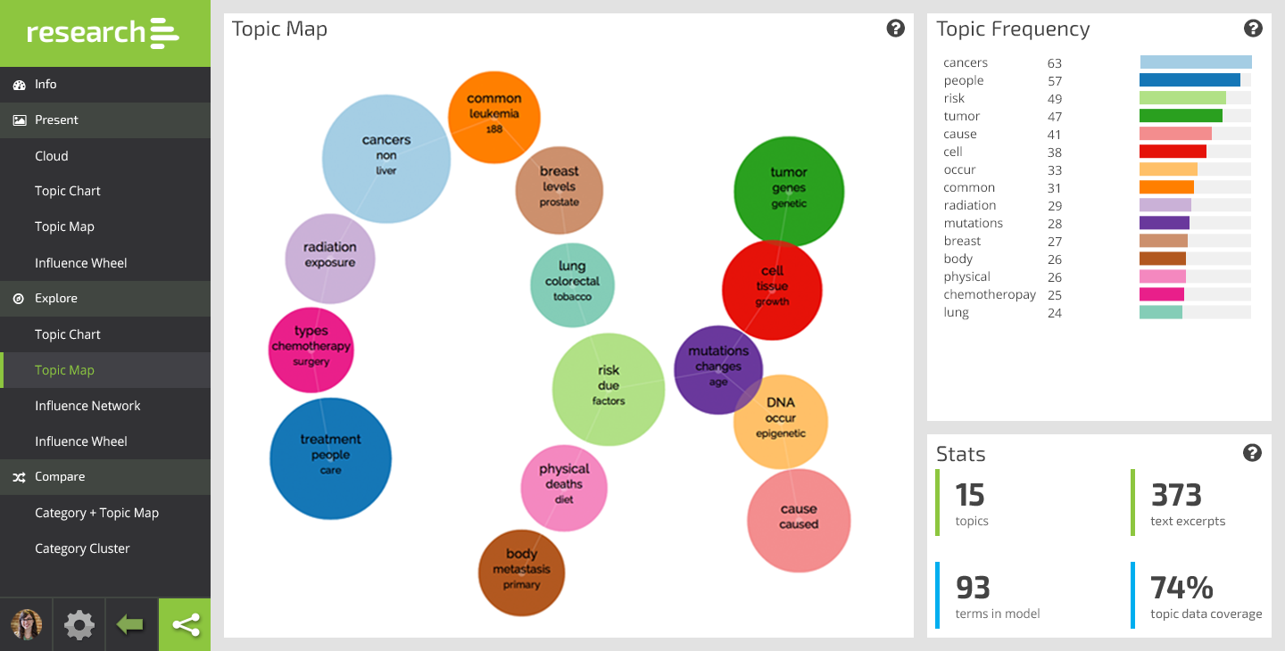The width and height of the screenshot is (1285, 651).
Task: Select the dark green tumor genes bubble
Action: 789,191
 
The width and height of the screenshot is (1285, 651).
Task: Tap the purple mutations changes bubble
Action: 717,369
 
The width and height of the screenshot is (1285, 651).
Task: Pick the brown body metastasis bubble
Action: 521,572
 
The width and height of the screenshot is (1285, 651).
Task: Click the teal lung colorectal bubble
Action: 572,284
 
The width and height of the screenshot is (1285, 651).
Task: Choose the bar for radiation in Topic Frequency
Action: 1165,205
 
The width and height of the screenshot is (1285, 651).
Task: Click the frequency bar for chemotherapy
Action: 1162,294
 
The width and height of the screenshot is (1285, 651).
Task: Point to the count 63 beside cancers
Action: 1055,63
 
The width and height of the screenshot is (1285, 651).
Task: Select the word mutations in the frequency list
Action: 974,223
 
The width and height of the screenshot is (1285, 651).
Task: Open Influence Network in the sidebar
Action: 87,406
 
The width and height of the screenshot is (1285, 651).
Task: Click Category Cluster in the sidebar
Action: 82,548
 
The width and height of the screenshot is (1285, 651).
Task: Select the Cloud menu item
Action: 52,156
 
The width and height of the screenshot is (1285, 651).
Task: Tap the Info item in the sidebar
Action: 46,84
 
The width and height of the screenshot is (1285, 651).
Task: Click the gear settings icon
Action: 79,625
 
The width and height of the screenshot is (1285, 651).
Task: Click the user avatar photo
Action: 27,625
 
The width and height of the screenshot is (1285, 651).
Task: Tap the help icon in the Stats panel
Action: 1252,453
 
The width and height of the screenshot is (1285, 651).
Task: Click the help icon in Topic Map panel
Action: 896,29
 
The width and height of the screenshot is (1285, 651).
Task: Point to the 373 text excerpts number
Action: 1176,495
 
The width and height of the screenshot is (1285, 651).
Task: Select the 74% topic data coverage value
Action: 1181,589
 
